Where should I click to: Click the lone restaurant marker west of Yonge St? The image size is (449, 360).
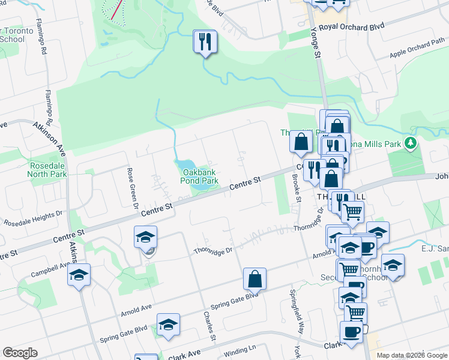[x=205, y=41]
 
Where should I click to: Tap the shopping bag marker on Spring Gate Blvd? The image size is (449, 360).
[x=255, y=278]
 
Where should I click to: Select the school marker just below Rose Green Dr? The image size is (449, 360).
[x=145, y=237]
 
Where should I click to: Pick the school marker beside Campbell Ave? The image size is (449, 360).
[x=79, y=275]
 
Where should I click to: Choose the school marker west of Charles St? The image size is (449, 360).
[x=169, y=325]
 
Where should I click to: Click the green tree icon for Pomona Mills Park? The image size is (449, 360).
[x=411, y=143]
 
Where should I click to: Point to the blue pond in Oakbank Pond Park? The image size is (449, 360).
[x=185, y=165]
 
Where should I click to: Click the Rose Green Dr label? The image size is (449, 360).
[x=130, y=183]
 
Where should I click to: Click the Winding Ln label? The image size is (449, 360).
[x=240, y=348]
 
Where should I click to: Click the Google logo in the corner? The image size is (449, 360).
[x=20, y=353]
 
